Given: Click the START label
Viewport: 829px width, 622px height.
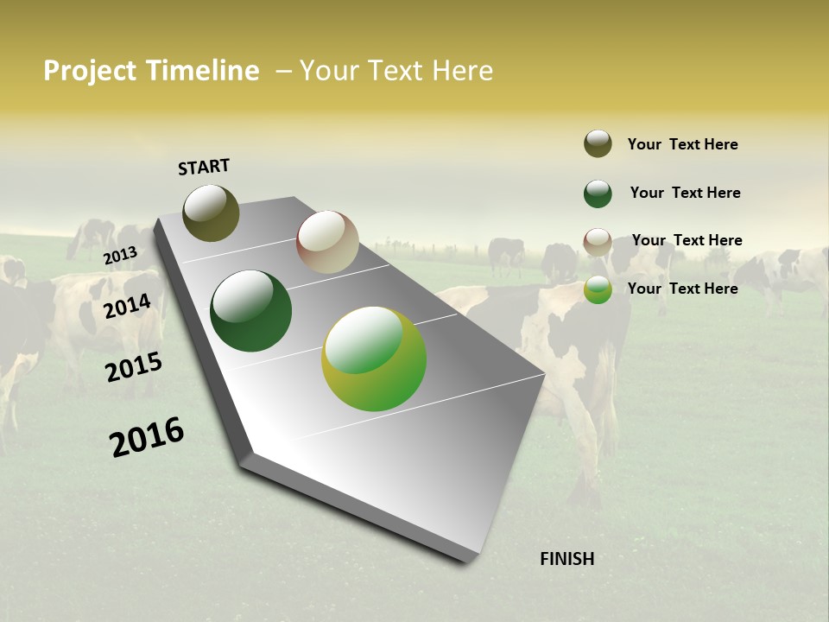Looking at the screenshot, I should point(204,167).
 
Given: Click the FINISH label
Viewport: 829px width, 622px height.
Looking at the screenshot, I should point(566,559).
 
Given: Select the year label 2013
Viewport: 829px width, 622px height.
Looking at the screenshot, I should point(121,255).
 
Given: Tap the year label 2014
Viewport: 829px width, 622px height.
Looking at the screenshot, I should point(128,306).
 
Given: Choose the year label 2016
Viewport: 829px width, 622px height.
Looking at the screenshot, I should point(147,437).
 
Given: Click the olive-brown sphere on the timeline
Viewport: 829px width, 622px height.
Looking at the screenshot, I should point(212,213).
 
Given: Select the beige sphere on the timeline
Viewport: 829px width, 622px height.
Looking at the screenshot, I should point(327,242).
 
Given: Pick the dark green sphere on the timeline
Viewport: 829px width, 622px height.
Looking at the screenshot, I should point(250,311).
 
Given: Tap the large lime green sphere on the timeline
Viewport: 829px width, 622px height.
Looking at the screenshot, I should point(374,359).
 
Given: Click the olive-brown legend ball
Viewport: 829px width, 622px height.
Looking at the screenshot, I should point(598,143).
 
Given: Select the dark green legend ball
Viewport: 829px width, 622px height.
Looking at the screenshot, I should point(598,194).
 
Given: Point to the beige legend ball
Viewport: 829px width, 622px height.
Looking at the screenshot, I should point(598,242).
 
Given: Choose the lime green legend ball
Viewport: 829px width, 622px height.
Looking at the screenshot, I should point(598,289).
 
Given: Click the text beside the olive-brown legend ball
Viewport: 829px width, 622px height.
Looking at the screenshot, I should point(682,144).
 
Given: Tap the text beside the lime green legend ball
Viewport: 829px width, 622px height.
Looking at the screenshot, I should point(682,289).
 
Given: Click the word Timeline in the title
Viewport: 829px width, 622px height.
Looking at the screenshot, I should point(202,71).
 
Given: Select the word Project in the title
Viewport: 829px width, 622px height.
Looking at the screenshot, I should point(90,71).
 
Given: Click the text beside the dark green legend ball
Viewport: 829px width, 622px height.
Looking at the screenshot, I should point(685,193).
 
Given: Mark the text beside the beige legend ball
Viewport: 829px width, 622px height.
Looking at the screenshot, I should point(687,240).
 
